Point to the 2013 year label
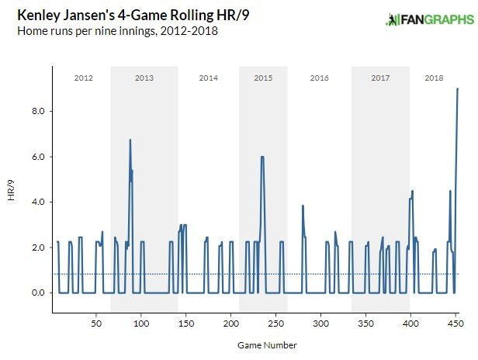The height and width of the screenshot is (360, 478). click(144, 78)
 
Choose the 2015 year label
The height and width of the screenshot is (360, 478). click(263, 78)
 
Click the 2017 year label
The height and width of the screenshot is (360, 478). click(380, 78)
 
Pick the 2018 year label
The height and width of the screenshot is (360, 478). click(434, 78)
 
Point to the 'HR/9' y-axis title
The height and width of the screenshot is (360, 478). click(11, 191)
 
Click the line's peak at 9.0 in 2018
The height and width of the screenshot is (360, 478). click(458, 88)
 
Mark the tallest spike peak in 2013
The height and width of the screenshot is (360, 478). click(130, 140)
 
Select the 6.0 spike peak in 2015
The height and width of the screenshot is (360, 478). click(262, 157)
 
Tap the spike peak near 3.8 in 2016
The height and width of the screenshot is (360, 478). click(302, 206)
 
